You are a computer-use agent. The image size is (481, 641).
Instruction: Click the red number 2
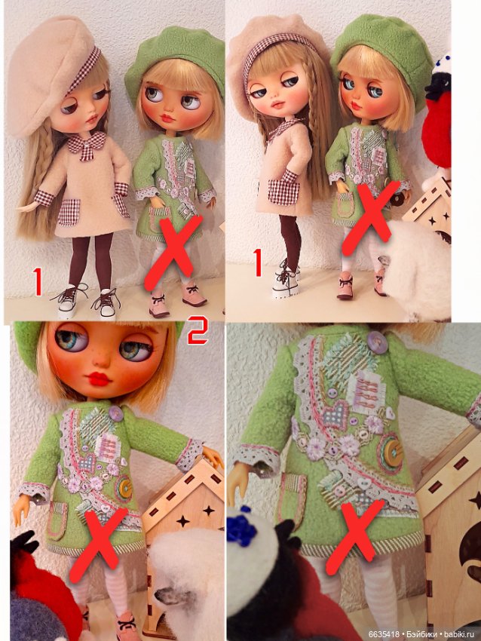coord(198,330)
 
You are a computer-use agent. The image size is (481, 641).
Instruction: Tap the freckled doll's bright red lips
coord(100,378)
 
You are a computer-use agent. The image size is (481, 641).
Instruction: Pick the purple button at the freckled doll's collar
coord(116,413)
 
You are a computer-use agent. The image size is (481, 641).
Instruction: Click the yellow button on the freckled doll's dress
coord(124,488)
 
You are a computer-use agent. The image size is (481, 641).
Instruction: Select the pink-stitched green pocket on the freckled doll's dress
coord(57,521)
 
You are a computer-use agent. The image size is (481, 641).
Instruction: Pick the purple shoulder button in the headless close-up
coord(377,340)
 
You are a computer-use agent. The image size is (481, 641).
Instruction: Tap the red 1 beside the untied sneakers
coord(37,281)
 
